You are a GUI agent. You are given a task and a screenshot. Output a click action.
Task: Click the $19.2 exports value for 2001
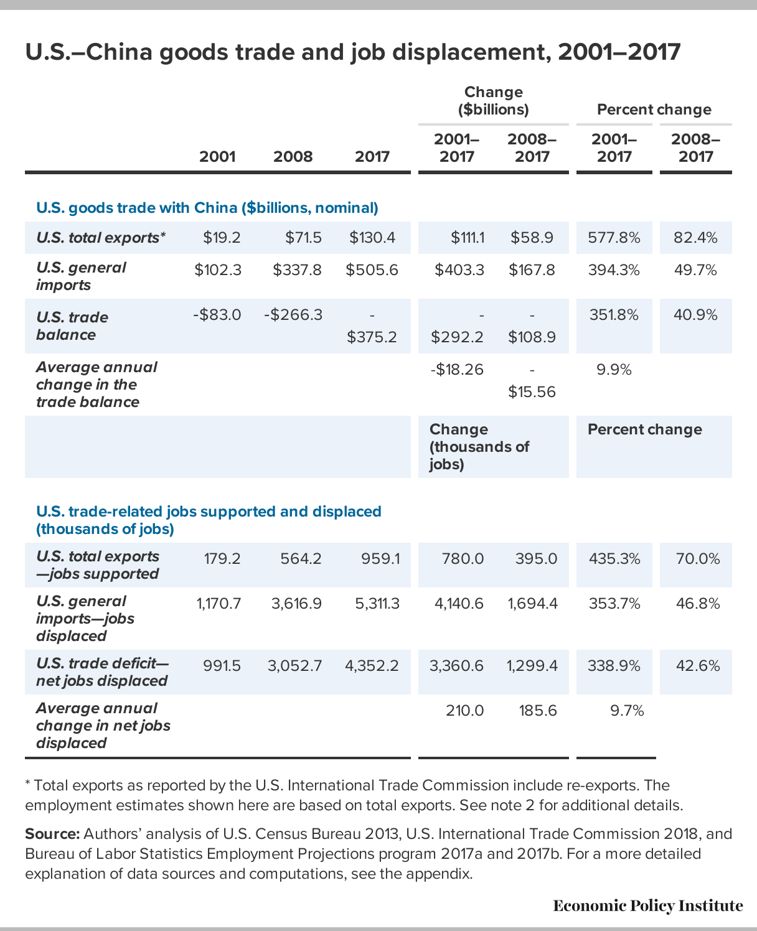coord(222,238)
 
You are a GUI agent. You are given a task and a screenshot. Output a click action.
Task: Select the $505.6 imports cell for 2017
coord(372,270)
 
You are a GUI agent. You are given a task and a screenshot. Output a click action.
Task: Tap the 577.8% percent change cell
coord(614,238)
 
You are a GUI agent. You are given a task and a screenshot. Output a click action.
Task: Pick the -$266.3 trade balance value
coord(293,315)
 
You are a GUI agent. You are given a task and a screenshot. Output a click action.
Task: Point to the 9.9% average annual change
coord(614,370)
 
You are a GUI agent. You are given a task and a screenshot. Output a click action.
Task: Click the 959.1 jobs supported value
coord(380,559)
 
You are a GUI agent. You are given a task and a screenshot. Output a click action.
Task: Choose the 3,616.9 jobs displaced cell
coord(296,604)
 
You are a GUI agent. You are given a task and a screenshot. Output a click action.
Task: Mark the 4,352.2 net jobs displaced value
coord(372,666)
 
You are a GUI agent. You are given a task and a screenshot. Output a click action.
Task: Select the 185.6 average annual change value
coord(538,711)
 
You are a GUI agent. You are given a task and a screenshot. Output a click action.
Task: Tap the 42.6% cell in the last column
coord(698,666)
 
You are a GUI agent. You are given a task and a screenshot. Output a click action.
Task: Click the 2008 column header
coord(293,156)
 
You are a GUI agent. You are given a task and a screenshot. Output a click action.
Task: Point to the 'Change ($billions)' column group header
coord(494,101)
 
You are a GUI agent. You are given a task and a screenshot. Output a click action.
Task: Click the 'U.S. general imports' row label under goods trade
coord(82,276)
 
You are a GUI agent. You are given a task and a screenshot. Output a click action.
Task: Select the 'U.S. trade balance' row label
coord(72,326)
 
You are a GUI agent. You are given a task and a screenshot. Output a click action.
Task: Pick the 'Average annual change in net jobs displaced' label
coord(103,726)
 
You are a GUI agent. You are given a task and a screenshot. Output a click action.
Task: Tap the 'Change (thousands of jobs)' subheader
coord(479,447)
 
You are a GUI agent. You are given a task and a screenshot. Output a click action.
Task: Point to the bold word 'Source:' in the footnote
coord(52,834)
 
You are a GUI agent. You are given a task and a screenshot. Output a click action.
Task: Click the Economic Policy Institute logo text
coord(647,905)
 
